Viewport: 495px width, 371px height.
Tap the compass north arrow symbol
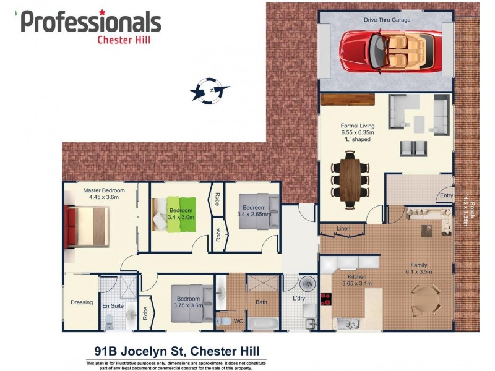point(210,90)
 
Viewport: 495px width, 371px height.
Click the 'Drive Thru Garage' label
point(387,20)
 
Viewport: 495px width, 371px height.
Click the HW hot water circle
point(307,284)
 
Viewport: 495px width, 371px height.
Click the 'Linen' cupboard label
point(343,229)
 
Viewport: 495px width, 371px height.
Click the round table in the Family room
point(427,299)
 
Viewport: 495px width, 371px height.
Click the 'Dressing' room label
point(82,302)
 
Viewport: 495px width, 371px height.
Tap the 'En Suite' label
point(114,306)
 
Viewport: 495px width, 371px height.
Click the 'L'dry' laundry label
point(299,299)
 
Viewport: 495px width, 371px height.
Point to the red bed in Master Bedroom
point(86,226)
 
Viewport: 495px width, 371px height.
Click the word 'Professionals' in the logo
point(91,22)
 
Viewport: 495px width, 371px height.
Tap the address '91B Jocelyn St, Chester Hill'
point(176,351)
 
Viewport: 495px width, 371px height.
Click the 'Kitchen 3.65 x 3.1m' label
point(356,280)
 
